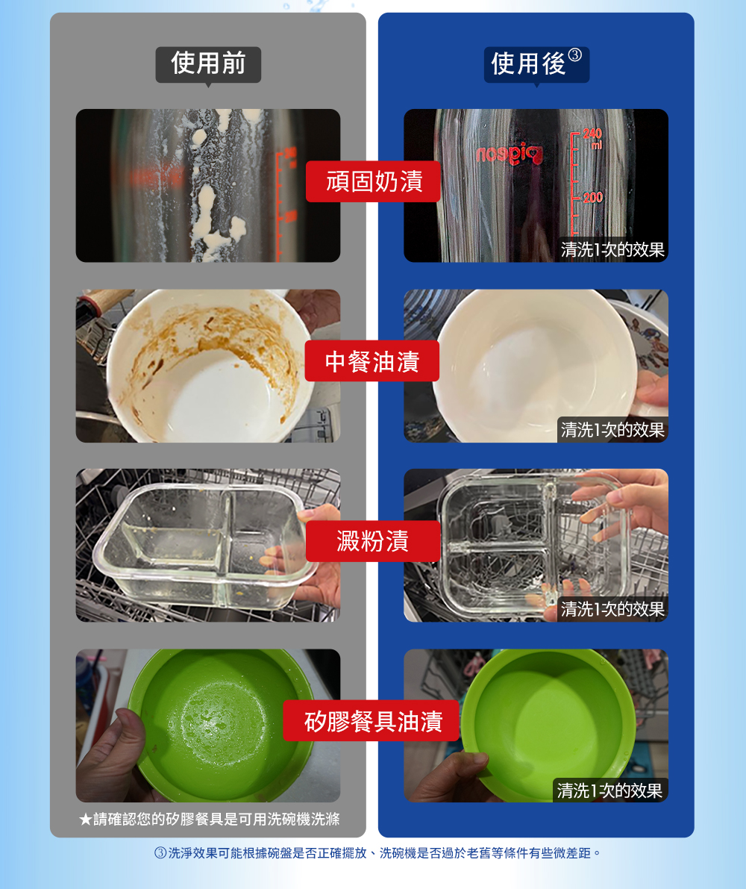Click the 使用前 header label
[x=208, y=63]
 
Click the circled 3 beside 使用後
[x=574, y=54]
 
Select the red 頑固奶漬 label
[x=373, y=181]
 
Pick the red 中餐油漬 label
[x=372, y=361]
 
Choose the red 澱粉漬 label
[x=373, y=541]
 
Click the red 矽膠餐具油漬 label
[x=372, y=720]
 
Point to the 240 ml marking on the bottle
[x=592, y=138]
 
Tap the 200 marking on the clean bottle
[x=592, y=197]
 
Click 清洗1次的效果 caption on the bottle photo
[x=612, y=249]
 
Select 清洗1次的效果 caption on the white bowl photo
[x=612, y=430]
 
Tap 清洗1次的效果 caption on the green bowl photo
[x=609, y=790]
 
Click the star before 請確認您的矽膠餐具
[x=86, y=820]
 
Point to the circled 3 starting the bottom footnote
[x=160, y=852]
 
